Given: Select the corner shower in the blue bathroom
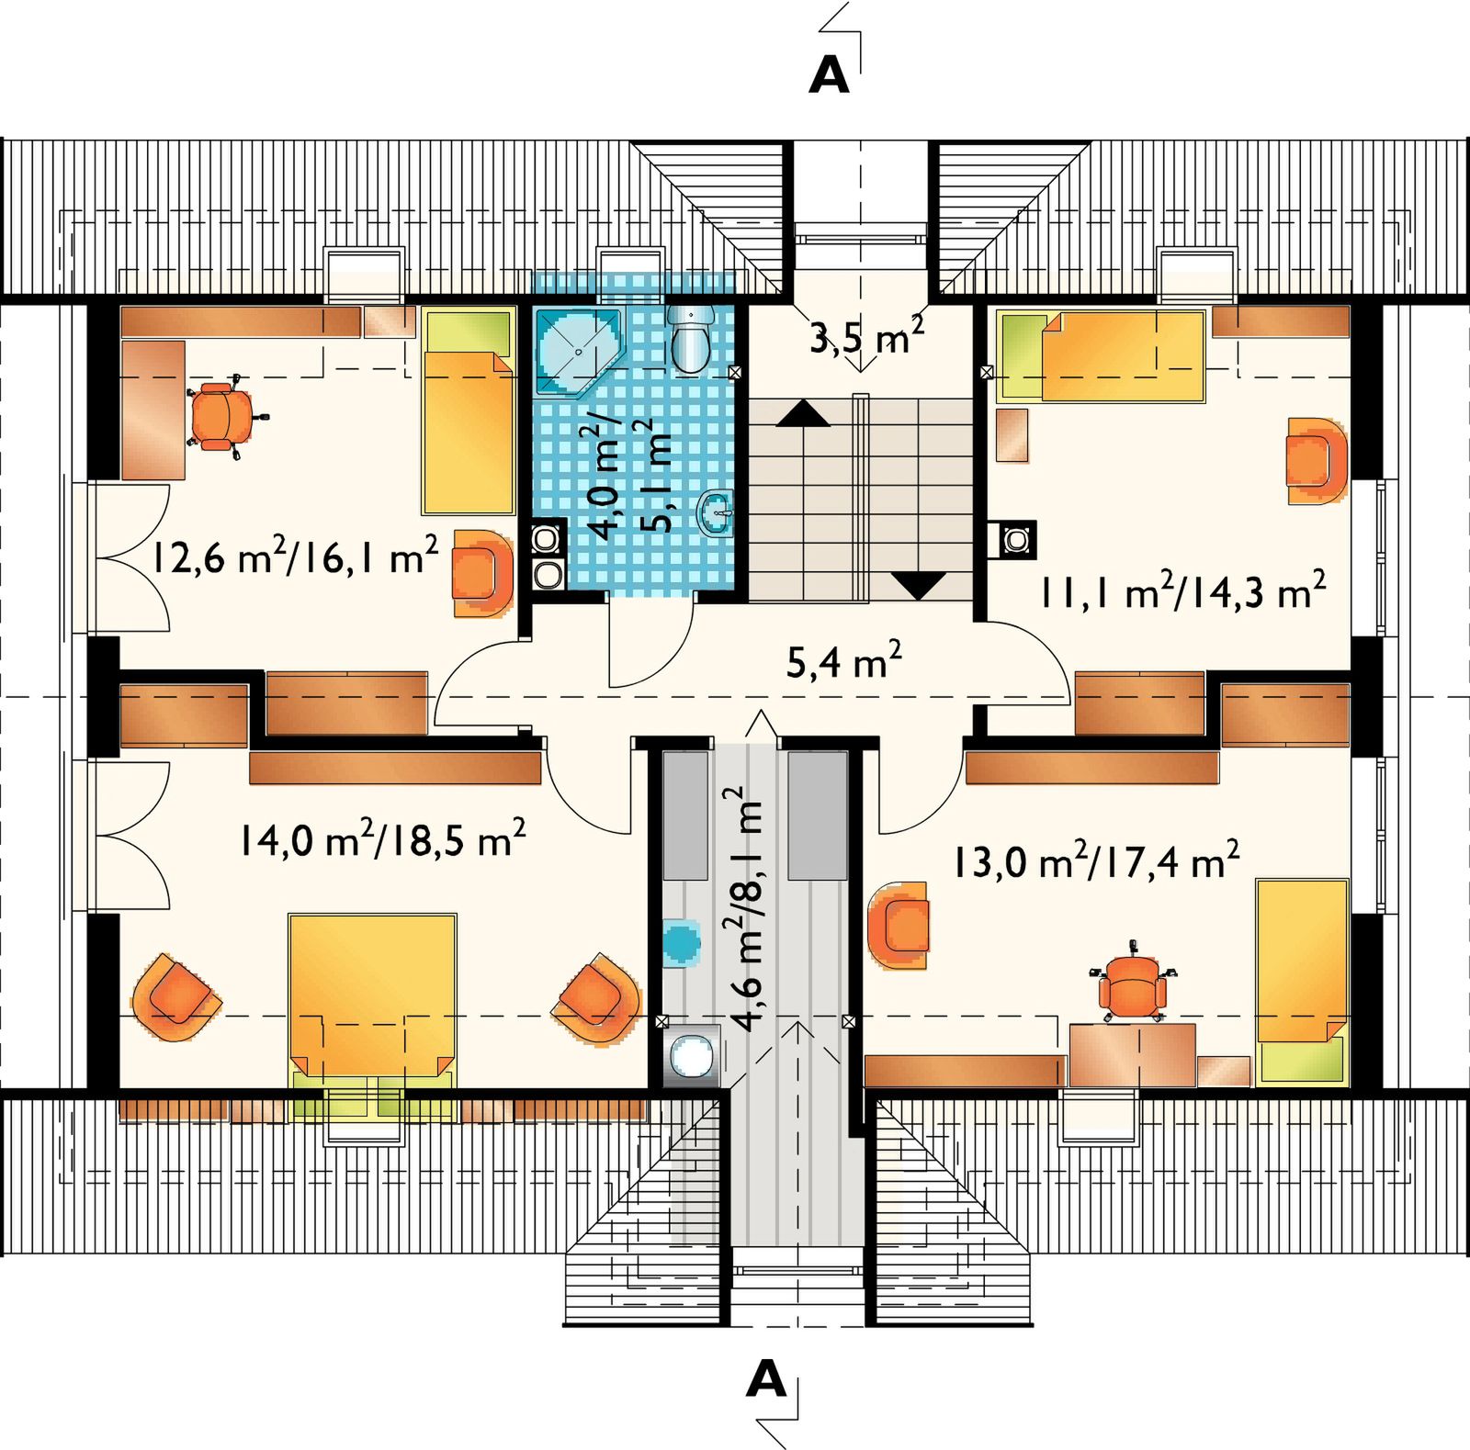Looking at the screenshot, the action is click(x=580, y=353).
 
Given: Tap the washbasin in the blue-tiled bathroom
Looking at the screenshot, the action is click(x=718, y=512).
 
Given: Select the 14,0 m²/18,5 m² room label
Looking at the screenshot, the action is click(x=382, y=837).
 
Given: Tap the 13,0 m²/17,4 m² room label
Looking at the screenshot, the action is click(x=1096, y=860).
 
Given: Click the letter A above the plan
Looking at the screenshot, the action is click(x=829, y=76).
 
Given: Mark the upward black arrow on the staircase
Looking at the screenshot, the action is click(x=804, y=414).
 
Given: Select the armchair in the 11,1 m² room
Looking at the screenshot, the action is click(x=1316, y=460).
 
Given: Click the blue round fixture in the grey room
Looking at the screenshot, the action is click(x=681, y=942).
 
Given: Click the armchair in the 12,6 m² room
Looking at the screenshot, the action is click(x=481, y=573).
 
